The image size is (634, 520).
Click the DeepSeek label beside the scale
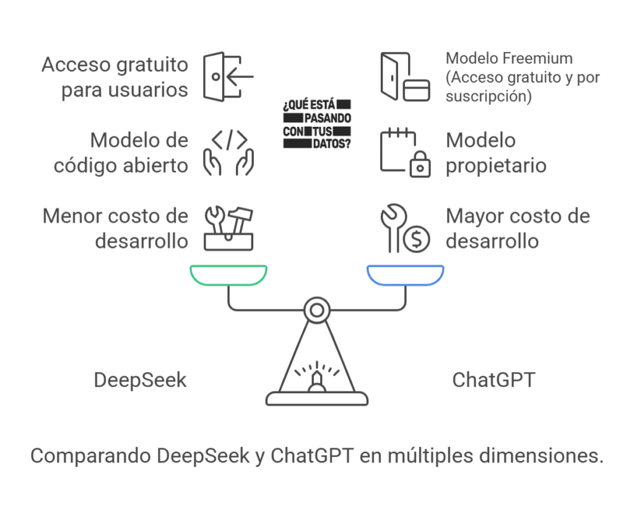coord(140,379)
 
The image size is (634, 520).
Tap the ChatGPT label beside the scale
coord(493,379)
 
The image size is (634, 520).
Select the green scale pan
coord(228,275)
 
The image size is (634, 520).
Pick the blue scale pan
coord(406,275)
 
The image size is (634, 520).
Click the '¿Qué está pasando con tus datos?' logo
coord(317,123)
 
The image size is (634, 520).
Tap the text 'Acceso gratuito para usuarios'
coord(115,77)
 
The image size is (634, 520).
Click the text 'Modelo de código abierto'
coord(121,152)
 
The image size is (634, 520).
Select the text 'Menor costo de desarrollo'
coord(115,228)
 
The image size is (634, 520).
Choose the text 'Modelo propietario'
coord(495,152)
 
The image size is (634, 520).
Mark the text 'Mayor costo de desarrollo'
coord(518,228)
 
